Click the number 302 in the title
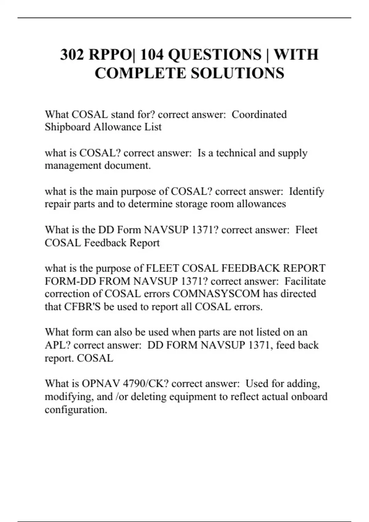[72, 55]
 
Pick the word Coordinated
[259, 115]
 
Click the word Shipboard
[68, 127]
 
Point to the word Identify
[307, 192]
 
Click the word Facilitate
[305, 281]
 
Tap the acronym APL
[57, 345]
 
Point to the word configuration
[76, 410]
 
